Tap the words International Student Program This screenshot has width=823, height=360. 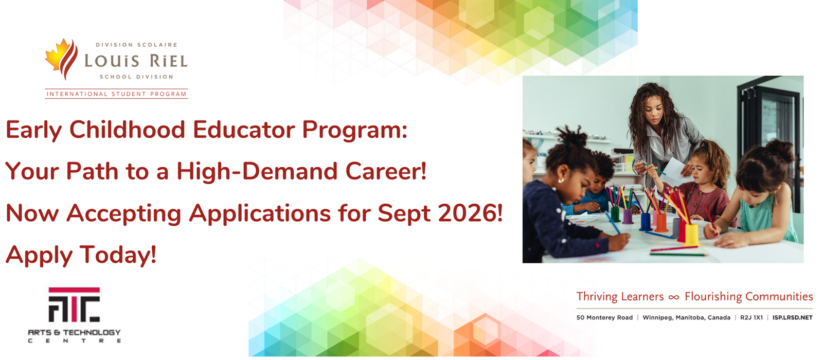116,94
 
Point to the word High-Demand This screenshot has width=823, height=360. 257,172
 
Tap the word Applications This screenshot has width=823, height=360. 260,214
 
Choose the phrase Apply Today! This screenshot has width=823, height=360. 81,255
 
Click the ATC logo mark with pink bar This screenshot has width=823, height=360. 74,304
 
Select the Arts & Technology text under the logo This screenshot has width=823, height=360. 74,332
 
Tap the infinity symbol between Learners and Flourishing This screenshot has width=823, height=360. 674,297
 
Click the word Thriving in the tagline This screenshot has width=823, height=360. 597,296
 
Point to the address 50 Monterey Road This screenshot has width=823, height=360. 604,317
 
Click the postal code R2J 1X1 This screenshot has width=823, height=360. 752,317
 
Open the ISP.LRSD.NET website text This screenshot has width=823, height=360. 793,317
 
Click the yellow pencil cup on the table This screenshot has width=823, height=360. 691,235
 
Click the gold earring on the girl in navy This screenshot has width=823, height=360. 561,181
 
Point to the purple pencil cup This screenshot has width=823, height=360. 628,217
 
